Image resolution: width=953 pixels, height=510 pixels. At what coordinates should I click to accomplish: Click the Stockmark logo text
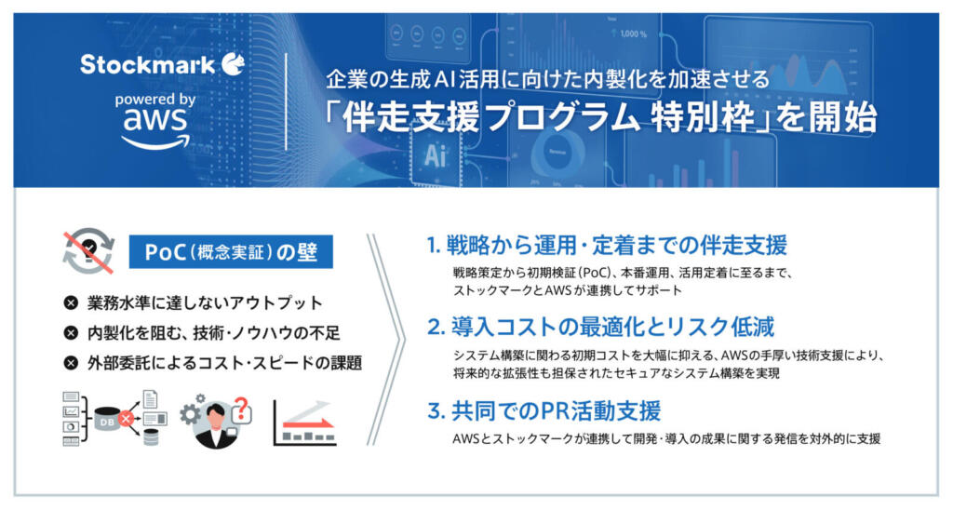tap(147, 64)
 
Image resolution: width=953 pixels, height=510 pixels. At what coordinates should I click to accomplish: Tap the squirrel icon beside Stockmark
tap(233, 64)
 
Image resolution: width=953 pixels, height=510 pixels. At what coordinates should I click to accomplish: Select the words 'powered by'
tap(155, 99)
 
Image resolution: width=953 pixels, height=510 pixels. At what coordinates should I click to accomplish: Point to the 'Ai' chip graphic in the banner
tap(436, 154)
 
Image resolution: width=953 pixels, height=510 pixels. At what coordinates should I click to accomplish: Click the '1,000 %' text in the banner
tap(633, 34)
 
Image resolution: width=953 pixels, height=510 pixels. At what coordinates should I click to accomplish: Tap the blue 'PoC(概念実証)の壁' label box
tap(231, 251)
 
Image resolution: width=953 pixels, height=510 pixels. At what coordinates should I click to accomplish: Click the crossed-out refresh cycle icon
tap(88, 251)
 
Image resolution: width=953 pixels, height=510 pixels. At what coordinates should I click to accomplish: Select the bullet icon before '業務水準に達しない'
tap(71, 302)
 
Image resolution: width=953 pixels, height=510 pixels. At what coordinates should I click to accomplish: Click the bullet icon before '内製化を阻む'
tap(71, 332)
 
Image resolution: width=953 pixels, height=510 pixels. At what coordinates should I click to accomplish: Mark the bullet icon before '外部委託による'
tap(71, 363)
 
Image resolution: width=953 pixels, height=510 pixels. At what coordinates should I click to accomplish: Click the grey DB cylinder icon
tap(108, 419)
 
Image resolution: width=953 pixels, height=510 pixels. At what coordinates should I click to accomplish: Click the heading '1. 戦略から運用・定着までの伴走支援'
tap(607, 245)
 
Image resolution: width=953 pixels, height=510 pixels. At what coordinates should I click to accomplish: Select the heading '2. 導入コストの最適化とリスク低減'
tap(601, 327)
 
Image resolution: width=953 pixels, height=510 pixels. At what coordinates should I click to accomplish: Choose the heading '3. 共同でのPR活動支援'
tap(544, 411)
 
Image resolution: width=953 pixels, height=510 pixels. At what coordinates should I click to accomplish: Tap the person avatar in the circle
tap(214, 425)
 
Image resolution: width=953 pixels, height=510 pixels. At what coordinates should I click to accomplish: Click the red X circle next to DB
tap(126, 419)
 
